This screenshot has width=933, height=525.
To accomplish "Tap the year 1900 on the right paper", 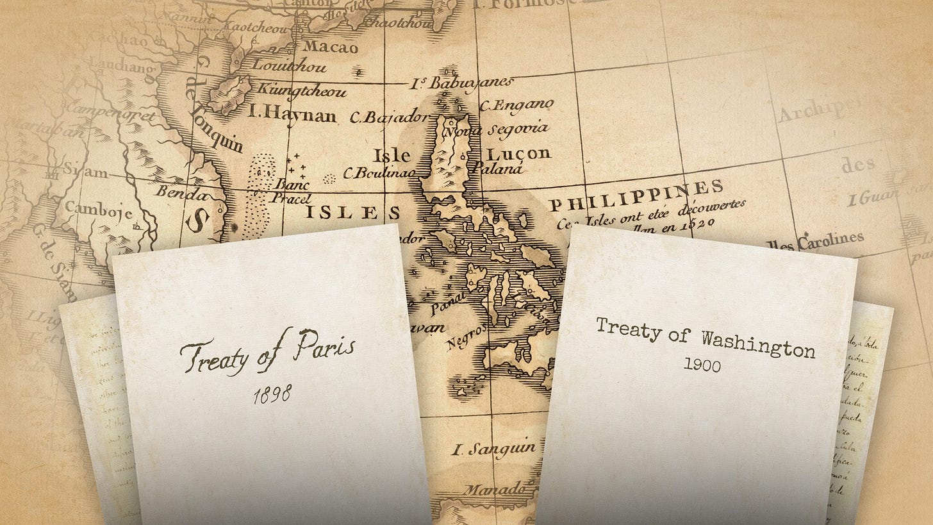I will point(702,365).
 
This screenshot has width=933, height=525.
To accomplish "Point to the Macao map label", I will point(327,46).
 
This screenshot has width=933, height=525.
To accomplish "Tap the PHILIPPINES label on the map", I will point(638,196).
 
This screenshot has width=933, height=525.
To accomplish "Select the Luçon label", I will point(519,153).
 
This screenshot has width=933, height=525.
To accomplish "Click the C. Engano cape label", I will point(516,104).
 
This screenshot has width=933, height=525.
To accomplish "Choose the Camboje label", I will point(99,211).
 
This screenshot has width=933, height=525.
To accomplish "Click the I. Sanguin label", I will point(493,449).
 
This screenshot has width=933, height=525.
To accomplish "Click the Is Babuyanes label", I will point(463,83).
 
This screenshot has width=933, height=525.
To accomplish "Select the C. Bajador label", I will point(388,117).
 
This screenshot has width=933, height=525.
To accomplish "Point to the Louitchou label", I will point(290,65).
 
